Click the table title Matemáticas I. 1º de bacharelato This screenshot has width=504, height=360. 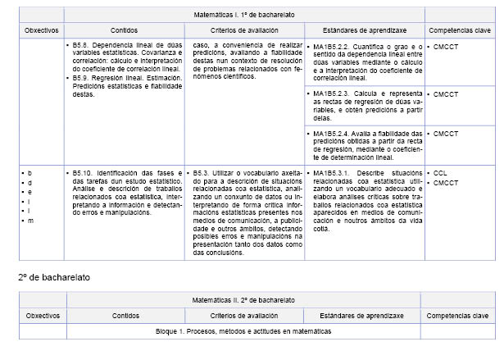(245, 15)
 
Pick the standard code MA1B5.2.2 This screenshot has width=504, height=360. (332, 46)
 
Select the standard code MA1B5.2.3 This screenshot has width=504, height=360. (332, 95)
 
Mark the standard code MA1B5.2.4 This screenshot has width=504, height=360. (332, 134)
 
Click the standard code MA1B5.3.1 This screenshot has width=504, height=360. (332, 174)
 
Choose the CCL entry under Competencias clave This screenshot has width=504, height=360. (440, 174)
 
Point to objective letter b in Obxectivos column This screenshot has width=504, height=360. (30, 174)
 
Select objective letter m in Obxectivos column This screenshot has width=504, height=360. (31, 221)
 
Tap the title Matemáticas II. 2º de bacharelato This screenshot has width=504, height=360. (245, 300)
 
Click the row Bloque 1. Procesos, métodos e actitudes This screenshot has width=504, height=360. (243, 331)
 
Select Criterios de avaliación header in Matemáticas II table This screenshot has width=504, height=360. (245, 316)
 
